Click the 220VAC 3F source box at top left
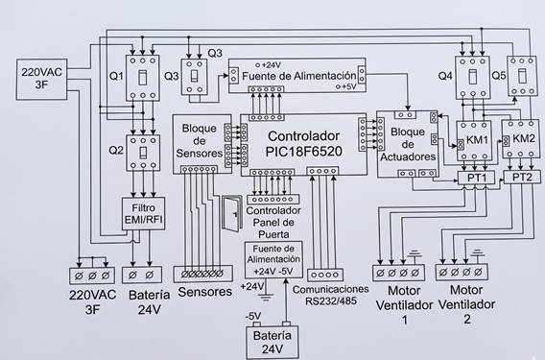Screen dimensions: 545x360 pos(41,80)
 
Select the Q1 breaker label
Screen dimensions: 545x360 pos(116,76)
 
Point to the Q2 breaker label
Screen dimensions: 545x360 pos(116,151)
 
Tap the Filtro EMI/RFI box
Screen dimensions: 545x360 pos(143,213)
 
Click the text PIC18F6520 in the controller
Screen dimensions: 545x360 pos(303,152)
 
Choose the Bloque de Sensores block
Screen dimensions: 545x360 pos(202,144)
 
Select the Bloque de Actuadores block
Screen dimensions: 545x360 pos(408,144)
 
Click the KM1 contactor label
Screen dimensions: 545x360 pos(477,140)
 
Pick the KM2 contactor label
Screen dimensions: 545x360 pos(524,138)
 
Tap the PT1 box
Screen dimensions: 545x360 pos(476,178)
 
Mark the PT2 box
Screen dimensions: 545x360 pos(522,177)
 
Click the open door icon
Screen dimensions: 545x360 pos(232,213)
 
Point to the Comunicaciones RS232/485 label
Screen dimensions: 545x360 pos(330,295)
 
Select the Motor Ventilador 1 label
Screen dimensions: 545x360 pos(404,305)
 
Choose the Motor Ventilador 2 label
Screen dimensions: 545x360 pos(466,304)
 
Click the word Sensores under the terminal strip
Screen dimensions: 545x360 pos(204,292)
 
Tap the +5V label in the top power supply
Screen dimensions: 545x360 pos(348,87)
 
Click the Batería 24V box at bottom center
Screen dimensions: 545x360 pos(272,343)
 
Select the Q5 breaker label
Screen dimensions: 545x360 pos(499,76)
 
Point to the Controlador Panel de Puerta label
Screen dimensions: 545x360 pos(273,223)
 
